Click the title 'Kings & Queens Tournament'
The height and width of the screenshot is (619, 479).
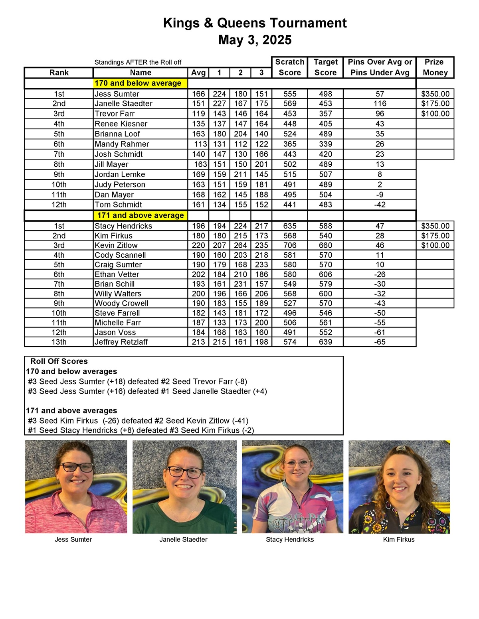(255, 23)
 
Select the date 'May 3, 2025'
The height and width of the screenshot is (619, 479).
(255, 40)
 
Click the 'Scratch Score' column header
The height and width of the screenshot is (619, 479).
(289, 67)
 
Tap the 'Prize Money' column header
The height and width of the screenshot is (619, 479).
(435, 67)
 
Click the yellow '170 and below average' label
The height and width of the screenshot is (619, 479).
(138, 83)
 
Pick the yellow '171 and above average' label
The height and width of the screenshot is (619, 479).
(140, 215)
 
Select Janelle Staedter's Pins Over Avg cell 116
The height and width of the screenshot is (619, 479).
(380, 104)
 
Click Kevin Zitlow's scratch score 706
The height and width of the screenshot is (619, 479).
(289, 245)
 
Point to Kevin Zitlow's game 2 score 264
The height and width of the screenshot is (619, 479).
(240, 245)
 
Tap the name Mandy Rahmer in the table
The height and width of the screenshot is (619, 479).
(122, 144)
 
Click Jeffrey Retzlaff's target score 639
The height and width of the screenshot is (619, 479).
(325, 342)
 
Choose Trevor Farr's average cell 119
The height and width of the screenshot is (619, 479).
(198, 114)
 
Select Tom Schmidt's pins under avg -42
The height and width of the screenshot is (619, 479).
(380, 205)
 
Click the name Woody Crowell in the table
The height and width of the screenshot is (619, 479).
(121, 303)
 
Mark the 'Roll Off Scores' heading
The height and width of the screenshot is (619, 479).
(59, 361)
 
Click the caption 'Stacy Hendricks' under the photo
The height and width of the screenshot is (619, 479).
(290, 540)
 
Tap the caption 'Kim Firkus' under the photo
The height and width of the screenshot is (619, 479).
(399, 540)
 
